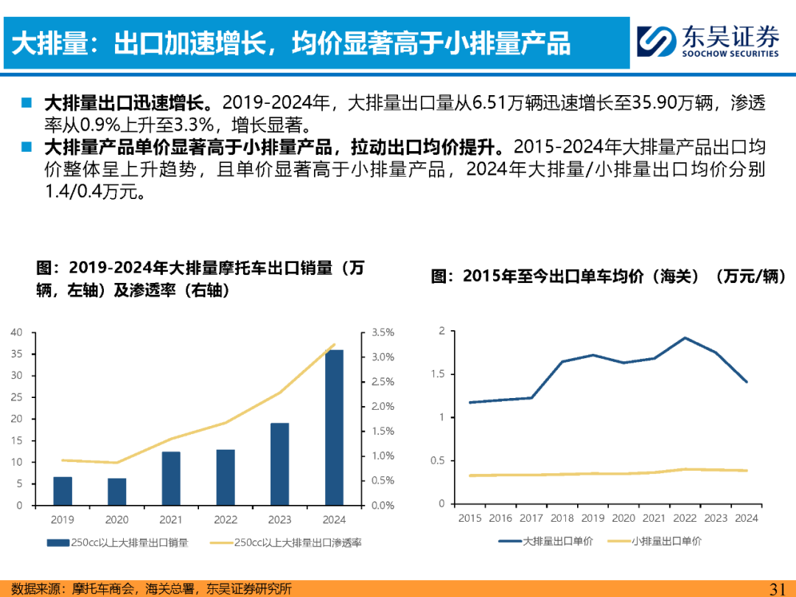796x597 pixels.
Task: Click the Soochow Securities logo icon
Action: (x=657, y=41)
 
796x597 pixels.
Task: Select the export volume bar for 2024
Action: (x=334, y=427)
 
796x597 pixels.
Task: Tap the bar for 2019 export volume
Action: (x=63, y=491)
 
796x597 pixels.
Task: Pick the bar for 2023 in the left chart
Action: (x=280, y=464)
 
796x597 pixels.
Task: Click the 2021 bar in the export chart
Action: (x=171, y=478)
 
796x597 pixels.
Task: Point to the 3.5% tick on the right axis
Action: (x=383, y=332)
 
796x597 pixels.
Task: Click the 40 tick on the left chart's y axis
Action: (x=17, y=332)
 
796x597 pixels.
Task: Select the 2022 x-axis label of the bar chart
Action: (x=226, y=520)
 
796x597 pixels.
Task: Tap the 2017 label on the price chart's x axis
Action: (x=531, y=518)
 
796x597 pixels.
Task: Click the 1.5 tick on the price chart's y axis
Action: (x=438, y=374)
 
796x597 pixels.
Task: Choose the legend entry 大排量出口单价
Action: (x=545, y=541)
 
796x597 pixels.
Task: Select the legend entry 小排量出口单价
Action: (x=655, y=541)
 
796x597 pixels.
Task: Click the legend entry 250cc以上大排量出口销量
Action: (x=118, y=542)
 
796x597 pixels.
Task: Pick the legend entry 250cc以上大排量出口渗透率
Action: (x=286, y=542)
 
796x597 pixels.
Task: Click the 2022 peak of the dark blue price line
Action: (x=685, y=338)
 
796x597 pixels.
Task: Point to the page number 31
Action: (x=778, y=589)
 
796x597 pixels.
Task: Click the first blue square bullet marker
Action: (x=27, y=103)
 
